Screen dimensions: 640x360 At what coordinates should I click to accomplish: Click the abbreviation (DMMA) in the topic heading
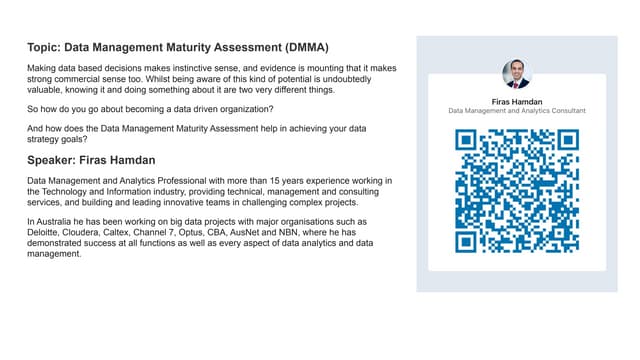click(300, 47)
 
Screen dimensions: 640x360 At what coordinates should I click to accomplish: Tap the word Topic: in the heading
click(45, 47)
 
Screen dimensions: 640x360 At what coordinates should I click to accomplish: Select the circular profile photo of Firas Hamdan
click(517, 74)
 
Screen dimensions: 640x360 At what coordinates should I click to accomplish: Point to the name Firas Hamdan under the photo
click(517, 102)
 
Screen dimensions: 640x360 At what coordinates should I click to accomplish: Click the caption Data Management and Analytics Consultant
click(517, 111)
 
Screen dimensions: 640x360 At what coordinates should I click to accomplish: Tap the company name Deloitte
click(46, 232)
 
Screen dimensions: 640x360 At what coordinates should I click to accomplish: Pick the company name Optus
click(227, 232)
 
